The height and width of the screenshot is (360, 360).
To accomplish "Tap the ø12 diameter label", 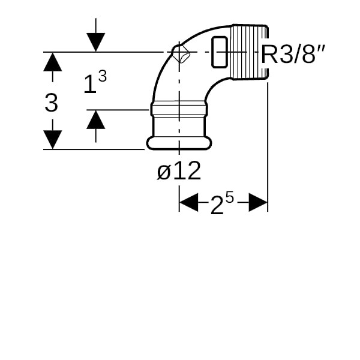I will (179, 172).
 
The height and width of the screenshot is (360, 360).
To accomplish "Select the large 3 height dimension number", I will (52, 103).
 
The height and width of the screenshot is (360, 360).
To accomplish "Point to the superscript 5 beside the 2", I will (229, 197).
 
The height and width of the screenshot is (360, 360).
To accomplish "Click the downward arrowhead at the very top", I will (95, 42).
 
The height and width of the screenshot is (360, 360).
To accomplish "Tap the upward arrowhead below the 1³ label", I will (95, 120).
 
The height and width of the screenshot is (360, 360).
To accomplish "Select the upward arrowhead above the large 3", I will (53, 62).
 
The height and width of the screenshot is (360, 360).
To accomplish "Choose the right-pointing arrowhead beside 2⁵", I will (258, 202).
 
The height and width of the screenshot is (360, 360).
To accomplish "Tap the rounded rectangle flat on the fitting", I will (220, 52).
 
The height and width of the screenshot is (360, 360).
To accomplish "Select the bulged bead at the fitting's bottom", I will (178, 143).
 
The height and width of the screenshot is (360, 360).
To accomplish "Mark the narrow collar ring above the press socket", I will (178, 110).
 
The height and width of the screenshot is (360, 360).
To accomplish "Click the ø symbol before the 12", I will (164, 173).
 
